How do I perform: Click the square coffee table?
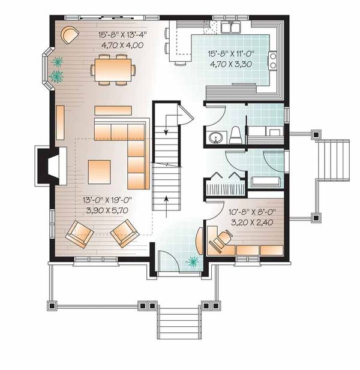100,172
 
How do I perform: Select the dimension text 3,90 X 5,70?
101,210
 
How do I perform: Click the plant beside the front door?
193,260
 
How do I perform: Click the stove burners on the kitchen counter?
273,60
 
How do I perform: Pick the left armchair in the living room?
80,233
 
